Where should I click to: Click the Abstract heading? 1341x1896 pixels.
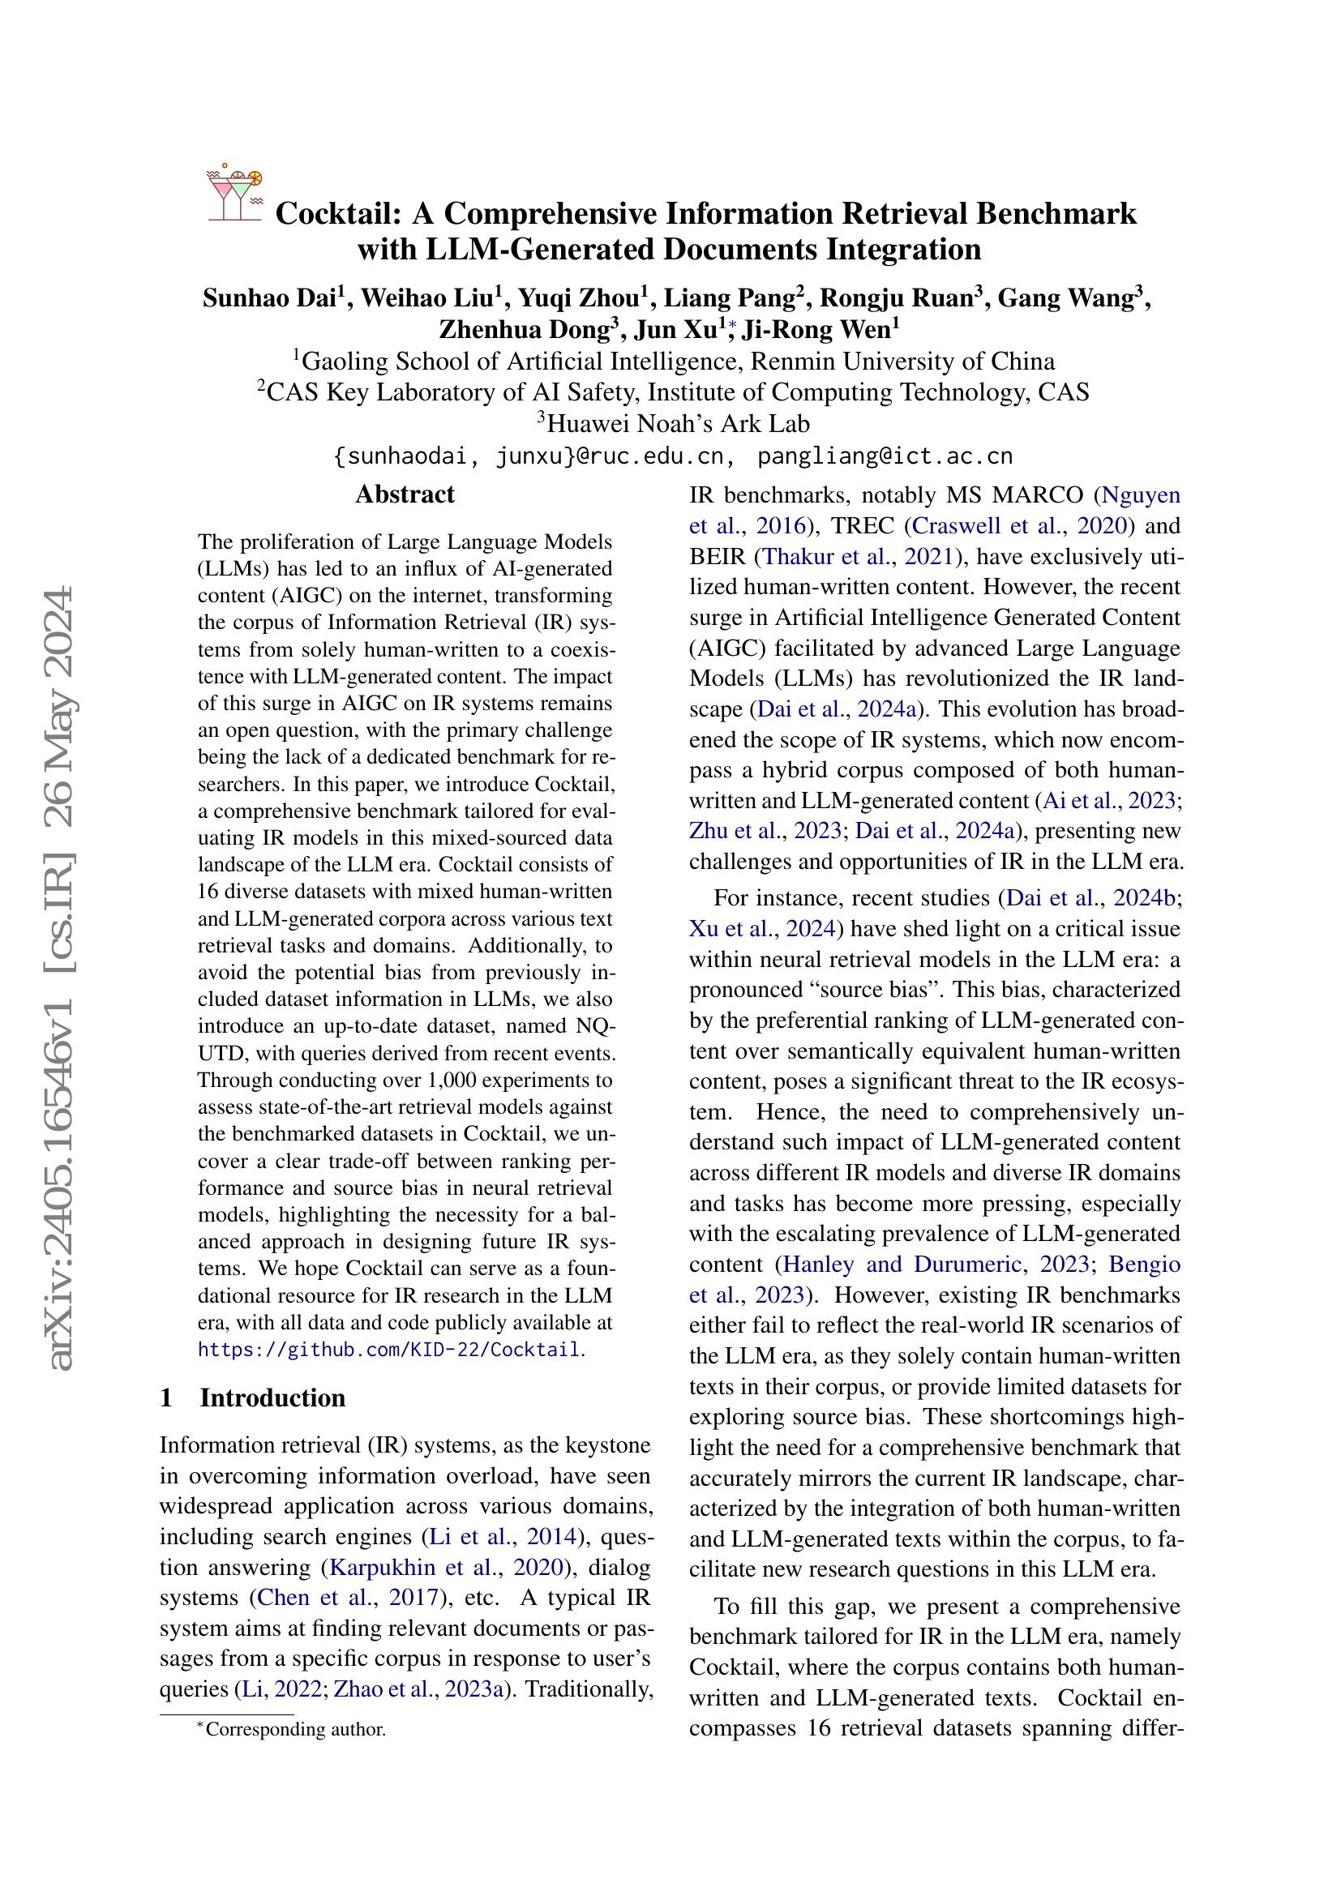click(405, 494)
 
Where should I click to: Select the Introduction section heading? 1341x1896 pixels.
click(272, 1397)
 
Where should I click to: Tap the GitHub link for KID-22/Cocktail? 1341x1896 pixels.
click(389, 1350)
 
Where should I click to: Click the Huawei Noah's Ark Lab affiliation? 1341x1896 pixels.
click(674, 424)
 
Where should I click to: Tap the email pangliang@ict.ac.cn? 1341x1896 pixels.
click(885, 456)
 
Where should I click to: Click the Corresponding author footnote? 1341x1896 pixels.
click(294, 1728)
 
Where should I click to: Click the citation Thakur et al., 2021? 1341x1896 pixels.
click(859, 557)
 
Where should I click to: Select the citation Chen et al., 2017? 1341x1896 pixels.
click(347, 1597)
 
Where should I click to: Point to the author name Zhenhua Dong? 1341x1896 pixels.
click(529, 329)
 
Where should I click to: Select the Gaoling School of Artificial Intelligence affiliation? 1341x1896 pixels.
click(674, 362)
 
